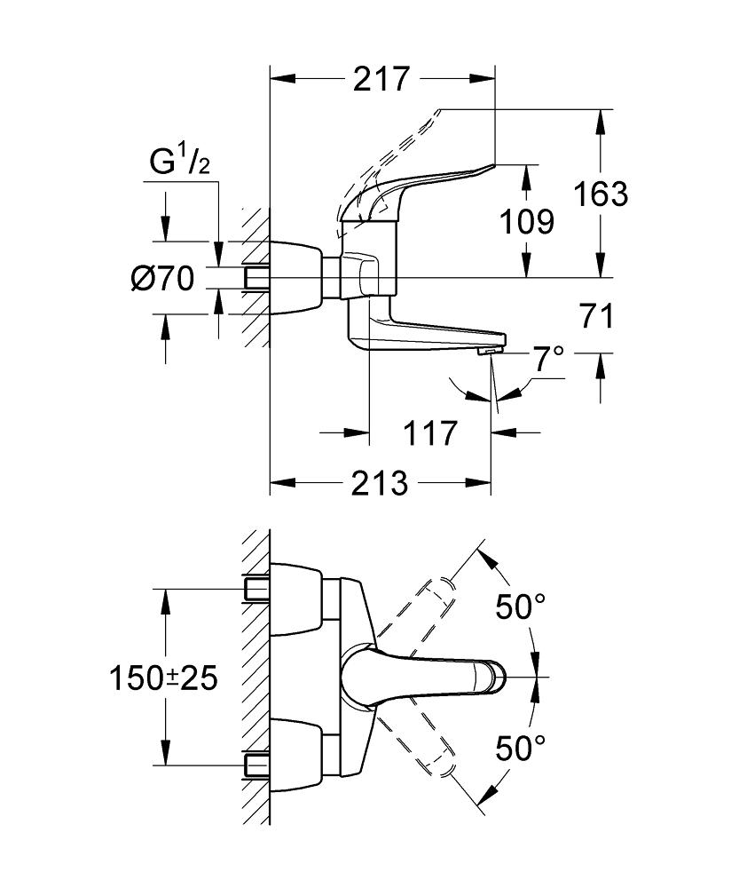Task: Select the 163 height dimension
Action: coord(601,194)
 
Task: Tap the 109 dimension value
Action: coord(527,221)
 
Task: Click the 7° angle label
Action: coord(547,361)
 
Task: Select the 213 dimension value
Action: coord(379,484)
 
